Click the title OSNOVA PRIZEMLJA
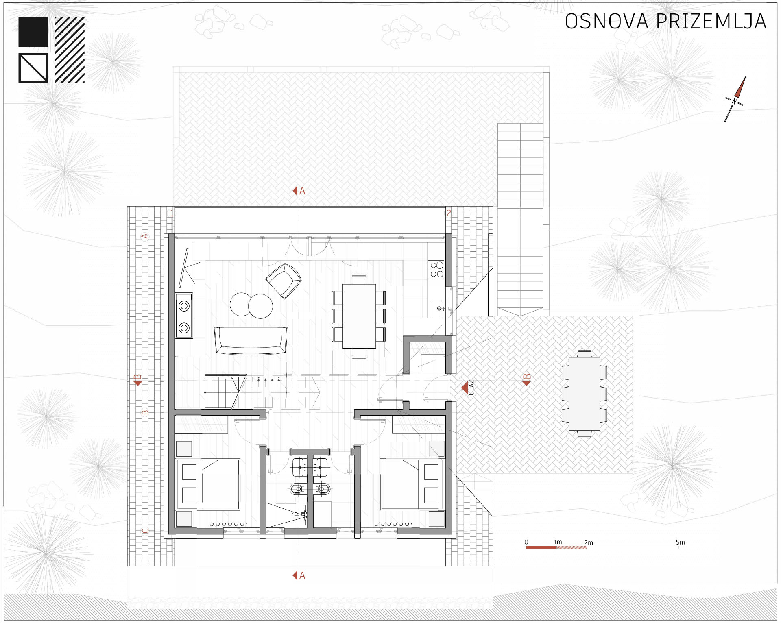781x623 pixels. pyautogui.click(x=665, y=21)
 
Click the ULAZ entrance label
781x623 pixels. pyautogui.click(x=471, y=388)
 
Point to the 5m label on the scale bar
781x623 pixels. pyautogui.click(x=680, y=542)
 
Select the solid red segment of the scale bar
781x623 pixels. pyautogui.click(x=541, y=548)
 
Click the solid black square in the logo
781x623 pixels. pyautogui.click(x=33, y=32)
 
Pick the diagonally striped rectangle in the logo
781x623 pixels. pyautogui.click(x=70, y=50)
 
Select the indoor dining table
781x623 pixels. pyautogui.click(x=359, y=316)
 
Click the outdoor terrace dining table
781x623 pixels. pyautogui.click(x=584, y=394)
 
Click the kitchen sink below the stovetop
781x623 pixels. pyautogui.click(x=436, y=308)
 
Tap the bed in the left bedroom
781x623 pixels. pyautogui.click(x=208, y=484)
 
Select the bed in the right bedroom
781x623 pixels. pyautogui.click(x=412, y=484)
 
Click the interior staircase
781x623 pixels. pyautogui.click(x=225, y=392)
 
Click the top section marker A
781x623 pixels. pyautogui.click(x=299, y=191)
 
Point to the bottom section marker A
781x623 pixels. pyautogui.click(x=299, y=575)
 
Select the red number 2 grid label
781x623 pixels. pyautogui.click(x=449, y=213)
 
